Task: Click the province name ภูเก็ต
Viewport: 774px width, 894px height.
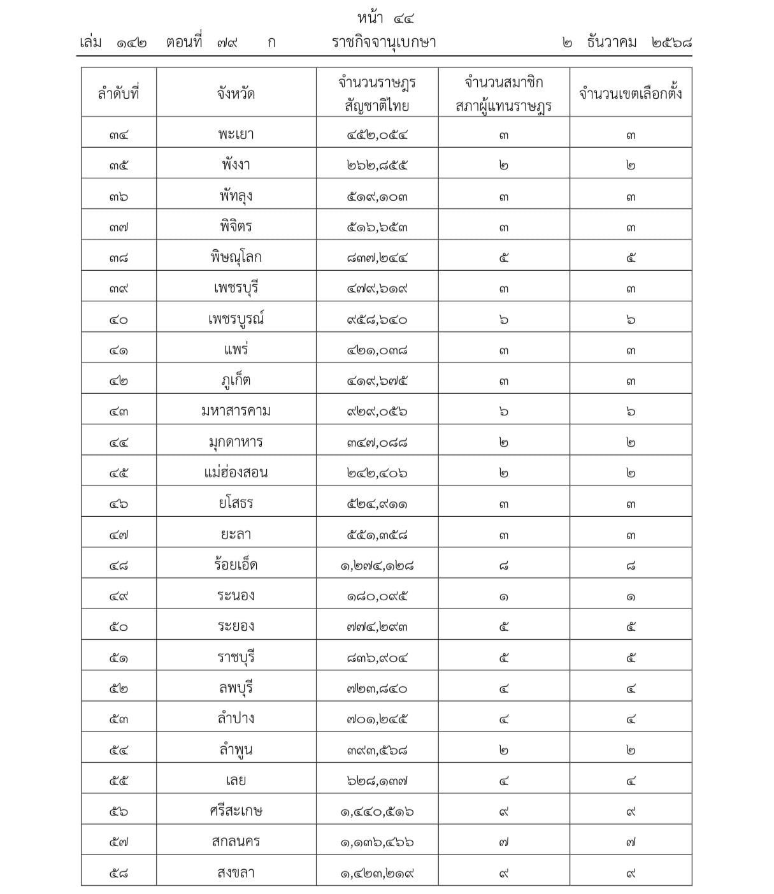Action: pyautogui.click(x=236, y=380)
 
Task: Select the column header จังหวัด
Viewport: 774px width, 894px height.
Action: pyautogui.click(x=236, y=93)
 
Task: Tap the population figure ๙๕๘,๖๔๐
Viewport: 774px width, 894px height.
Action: pyautogui.click(x=377, y=319)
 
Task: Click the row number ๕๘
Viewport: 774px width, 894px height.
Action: pyautogui.click(x=118, y=873)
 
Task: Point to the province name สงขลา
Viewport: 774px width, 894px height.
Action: pyautogui.click(x=236, y=872)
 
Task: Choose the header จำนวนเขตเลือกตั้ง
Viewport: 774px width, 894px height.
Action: pyautogui.click(x=630, y=93)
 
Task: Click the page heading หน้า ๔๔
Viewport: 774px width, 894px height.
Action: pyautogui.click(x=386, y=18)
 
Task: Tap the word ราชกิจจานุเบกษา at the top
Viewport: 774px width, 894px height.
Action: pyautogui.click(x=383, y=43)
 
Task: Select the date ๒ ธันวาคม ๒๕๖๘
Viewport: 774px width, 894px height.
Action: pyautogui.click(x=627, y=43)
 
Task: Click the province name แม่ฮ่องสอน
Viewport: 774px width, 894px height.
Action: pyautogui.click(x=236, y=473)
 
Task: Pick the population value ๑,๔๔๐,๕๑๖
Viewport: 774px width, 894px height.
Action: pyautogui.click(x=377, y=811)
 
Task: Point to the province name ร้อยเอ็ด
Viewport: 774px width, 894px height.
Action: pyautogui.click(x=236, y=565)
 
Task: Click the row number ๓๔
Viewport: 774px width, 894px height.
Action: pyautogui.click(x=118, y=135)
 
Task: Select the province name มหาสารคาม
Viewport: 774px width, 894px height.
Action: pyautogui.click(x=236, y=411)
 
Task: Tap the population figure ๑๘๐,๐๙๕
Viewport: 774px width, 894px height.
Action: pyautogui.click(x=377, y=596)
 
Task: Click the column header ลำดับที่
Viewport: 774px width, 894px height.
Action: pyautogui.click(x=118, y=93)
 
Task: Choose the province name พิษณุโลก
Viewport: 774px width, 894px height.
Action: pyautogui.click(x=236, y=257)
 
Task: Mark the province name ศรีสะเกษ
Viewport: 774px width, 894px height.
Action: pyautogui.click(x=236, y=811)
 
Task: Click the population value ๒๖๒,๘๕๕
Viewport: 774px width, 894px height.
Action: pyautogui.click(x=377, y=166)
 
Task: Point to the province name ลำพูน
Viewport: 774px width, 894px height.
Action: pyautogui.click(x=236, y=750)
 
